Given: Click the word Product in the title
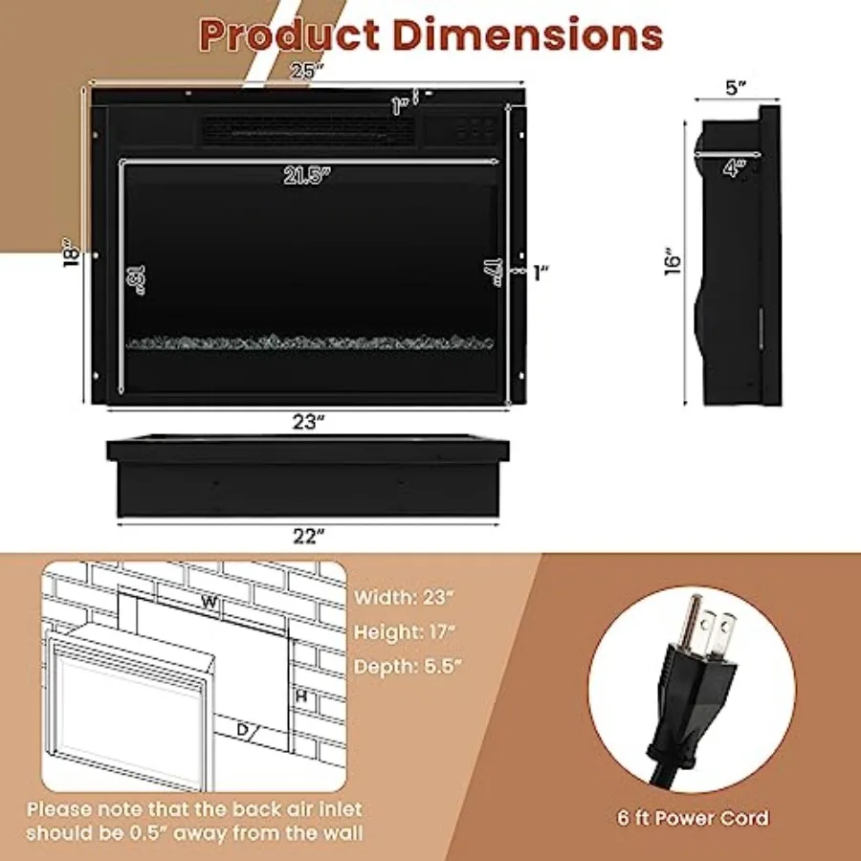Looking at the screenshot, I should pyautogui.click(x=289, y=34).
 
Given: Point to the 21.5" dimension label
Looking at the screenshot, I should pyautogui.click(x=306, y=175).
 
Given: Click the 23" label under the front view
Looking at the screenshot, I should pyautogui.click(x=304, y=421).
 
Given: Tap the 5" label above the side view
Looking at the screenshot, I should pyautogui.click(x=736, y=88).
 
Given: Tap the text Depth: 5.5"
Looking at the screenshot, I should pyautogui.click(x=407, y=667).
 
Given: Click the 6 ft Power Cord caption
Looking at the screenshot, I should pyautogui.click(x=692, y=818).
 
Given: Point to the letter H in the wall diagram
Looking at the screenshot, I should pyautogui.click(x=300, y=697).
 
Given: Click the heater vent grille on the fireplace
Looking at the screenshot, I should pyautogui.click(x=306, y=132).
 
